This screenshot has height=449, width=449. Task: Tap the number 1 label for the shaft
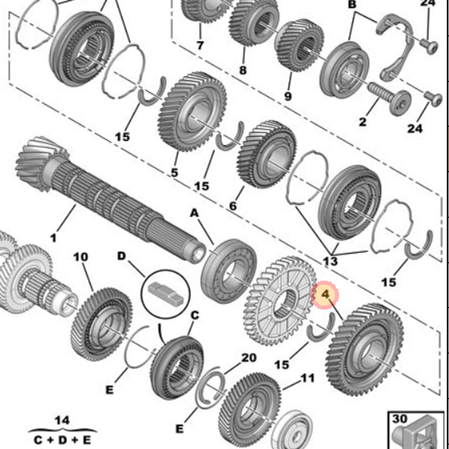[53, 238]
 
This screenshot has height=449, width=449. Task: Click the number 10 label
[81, 257]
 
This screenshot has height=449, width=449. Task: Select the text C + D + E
[62, 439]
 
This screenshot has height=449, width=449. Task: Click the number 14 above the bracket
[62, 421]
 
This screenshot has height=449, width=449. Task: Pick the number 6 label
[233, 206]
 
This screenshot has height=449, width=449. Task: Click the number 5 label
[174, 172]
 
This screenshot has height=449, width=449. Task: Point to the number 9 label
[288, 96]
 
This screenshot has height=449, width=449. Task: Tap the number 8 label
[243, 70]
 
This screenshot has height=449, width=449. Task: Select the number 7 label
[200, 45]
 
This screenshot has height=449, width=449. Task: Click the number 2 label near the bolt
[362, 121]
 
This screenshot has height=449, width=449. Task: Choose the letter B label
[352, 5]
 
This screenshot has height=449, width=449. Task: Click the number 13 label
[330, 260]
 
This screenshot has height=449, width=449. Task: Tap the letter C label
[194, 316]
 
